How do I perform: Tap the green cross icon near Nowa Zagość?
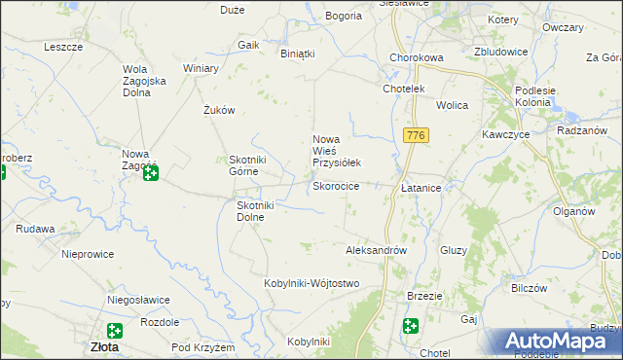(x=152, y=174)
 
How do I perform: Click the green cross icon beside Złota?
(x=114, y=331)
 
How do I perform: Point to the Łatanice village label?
(x=421, y=186)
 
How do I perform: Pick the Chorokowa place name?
(x=416, y=57)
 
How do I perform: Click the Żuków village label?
(x=220, y=110)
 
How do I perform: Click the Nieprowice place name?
(x=88, y=254)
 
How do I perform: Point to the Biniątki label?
(x=298, y=54)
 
